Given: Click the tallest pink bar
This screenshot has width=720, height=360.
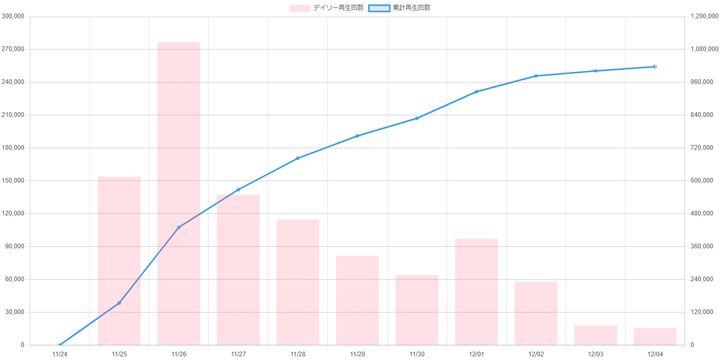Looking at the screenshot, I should coord(178,193).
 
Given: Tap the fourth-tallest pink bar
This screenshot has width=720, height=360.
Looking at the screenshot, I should coord(298,281).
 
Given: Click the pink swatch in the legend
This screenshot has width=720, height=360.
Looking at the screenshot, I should coord(300,8).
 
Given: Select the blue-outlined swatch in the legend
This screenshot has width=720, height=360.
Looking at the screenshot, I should coord(379,8).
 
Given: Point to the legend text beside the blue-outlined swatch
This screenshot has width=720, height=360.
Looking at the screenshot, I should coord(413,8).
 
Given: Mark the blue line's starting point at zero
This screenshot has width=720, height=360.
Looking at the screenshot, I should coord(59,344).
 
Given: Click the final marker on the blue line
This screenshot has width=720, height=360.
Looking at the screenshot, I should coord(655,67).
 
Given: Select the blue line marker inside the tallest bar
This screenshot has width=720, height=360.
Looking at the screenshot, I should coord(178,227).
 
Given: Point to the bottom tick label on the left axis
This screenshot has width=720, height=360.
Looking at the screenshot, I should coord(22,345).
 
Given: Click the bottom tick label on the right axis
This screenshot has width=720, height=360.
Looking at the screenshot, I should coord(693,345).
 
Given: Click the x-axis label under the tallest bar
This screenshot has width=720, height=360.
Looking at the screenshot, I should coord(178,355).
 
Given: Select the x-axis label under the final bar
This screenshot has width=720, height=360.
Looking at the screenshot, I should coord(655,355).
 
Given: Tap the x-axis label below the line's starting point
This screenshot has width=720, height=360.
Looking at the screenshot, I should coord(59,355).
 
